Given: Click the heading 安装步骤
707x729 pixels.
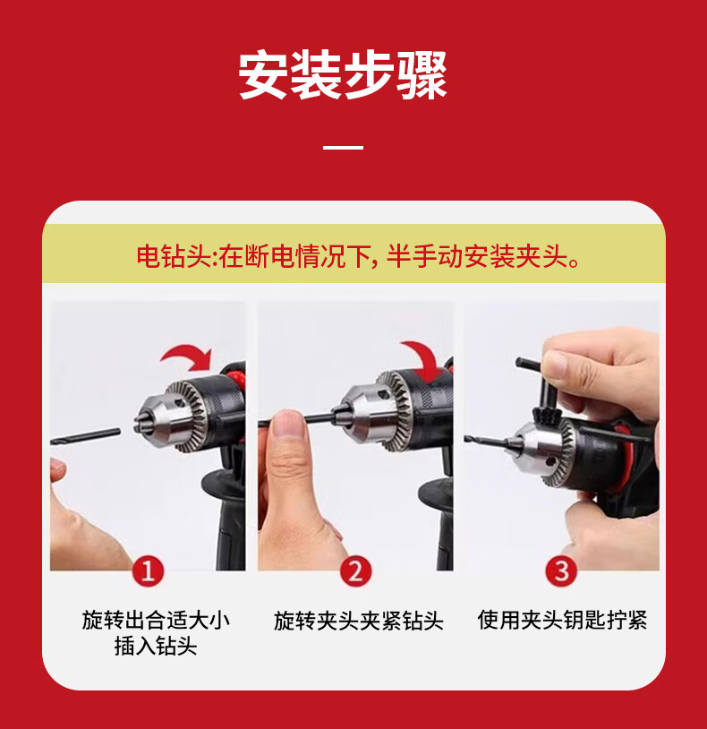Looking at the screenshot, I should (x=343, y=76).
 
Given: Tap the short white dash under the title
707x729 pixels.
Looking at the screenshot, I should (x=343, y=147).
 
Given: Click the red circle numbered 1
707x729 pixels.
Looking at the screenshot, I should (x=149, y=571).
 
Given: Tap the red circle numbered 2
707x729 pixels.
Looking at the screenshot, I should (x=355, y=571).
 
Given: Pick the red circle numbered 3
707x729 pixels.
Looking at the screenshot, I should (x=561, y=571).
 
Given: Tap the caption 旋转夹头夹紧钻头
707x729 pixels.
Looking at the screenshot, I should (x=358, y=621).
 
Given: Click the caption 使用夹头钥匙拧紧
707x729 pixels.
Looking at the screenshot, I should (x=562, y=620).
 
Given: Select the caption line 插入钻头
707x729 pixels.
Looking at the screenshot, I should (x=156, y=647).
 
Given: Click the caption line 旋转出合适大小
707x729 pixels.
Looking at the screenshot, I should (x=156, y=620).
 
